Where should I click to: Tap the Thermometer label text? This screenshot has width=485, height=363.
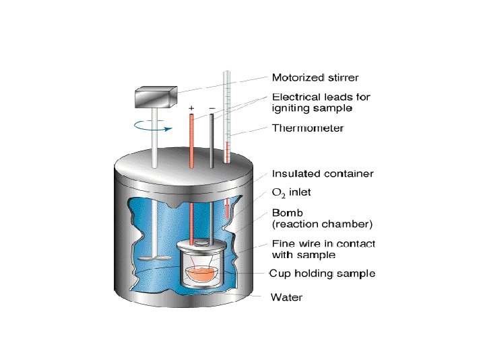(x=308, y=128)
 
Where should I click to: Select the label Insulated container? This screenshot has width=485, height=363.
(x=322, y=173)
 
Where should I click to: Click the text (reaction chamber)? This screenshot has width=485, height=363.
(x=322, y=223)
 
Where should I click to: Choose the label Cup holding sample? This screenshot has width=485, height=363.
(x=322, y=274)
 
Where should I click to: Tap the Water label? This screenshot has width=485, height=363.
(x=286, y=296)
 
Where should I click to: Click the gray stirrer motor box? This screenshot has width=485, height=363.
(x=154, y=98)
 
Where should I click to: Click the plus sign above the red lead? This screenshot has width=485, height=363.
(x=192, y=108)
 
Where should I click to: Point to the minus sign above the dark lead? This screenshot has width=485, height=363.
(x=212, y=108)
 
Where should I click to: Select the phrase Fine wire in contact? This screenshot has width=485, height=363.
(x=323, y=243)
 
